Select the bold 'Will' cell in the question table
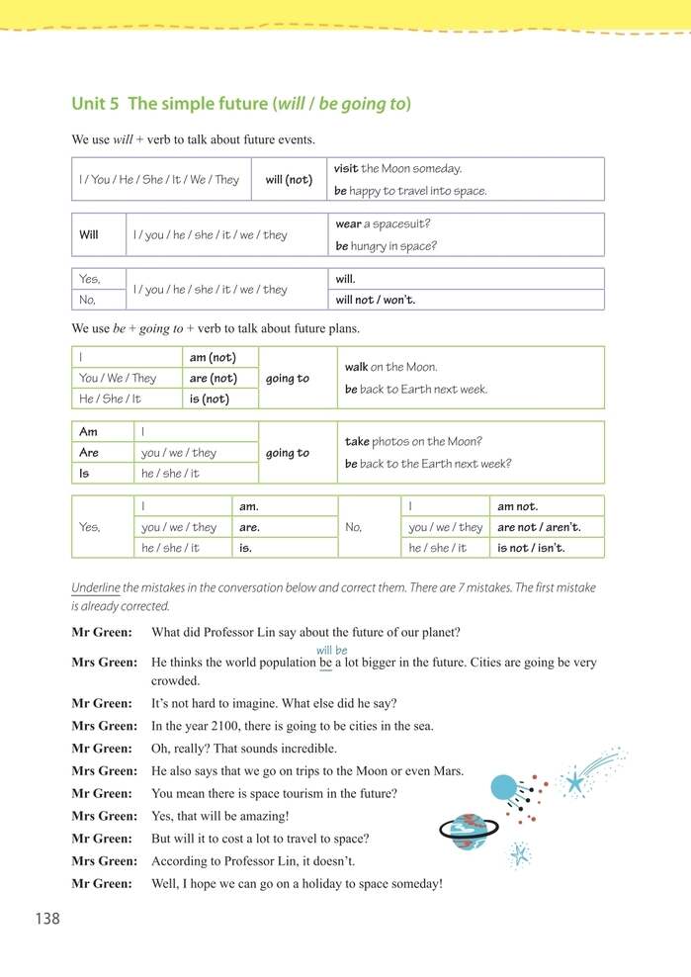(89, 235)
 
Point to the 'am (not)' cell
(212, 358)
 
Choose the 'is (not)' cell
(209, 399)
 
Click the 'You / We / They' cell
(118, 378)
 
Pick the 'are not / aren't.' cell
(539, 527)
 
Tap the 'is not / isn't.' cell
(537, 548)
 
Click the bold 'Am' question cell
(88, 432)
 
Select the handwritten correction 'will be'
(331, 650)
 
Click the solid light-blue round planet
(503, 787)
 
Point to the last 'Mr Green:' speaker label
(101, 883)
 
